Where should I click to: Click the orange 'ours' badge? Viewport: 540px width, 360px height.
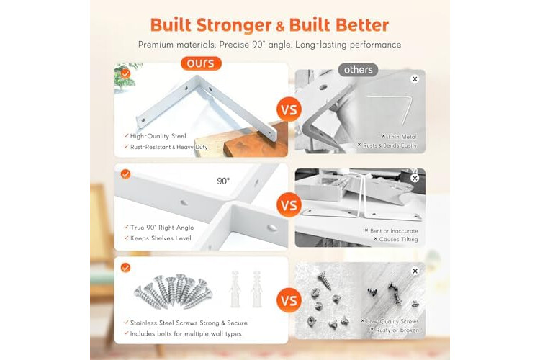coord(201,63)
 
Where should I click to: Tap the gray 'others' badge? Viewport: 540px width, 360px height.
coord(358,70)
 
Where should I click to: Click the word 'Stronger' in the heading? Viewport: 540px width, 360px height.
coord(234,25)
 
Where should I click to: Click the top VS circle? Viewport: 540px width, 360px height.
coord(289,109)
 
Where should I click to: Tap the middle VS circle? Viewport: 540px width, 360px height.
coord(289,205)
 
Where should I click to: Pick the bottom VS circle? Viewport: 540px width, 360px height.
coord(289,300)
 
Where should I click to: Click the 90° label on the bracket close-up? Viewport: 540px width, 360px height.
coord(223,181)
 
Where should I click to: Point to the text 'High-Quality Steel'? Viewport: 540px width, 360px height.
coord(158,136)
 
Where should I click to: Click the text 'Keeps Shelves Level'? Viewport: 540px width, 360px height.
coord(161,238)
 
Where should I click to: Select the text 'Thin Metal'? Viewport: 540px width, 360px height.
coord(402,137)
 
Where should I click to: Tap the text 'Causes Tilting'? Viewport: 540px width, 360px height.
coord(398,240)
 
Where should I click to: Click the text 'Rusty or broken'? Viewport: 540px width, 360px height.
coord(397,330)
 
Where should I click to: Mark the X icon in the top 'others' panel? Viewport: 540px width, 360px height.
coord(415,79)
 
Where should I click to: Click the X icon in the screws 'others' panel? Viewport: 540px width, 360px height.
coord(415,271)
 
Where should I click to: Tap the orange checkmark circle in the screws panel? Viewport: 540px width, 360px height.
coord(126,268)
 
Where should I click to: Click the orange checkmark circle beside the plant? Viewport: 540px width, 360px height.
coord(126,73)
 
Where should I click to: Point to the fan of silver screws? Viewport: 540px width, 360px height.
coord(174,291)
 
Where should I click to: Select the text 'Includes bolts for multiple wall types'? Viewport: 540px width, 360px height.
coord(186,333)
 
